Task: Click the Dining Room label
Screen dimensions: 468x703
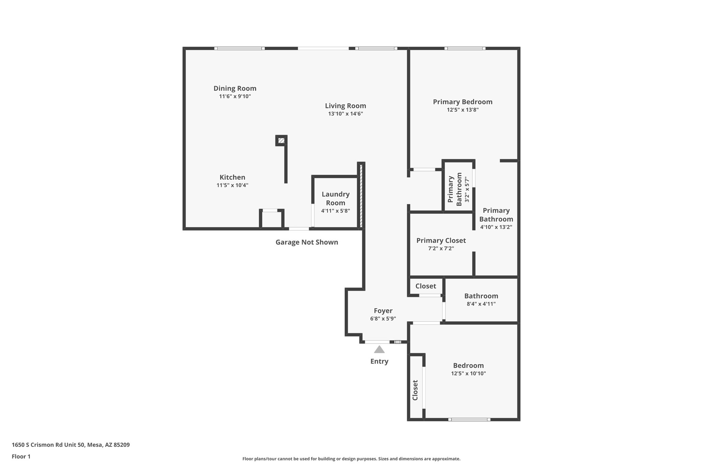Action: coord(235,88)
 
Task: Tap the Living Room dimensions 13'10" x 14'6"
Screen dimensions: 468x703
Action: coord(345,114)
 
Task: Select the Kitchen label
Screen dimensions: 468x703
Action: coord(232,177)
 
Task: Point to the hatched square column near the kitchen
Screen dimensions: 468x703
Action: coord(281,140)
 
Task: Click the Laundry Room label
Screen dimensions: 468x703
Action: coord(335,199)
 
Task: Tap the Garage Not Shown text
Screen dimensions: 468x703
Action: coord(307,242)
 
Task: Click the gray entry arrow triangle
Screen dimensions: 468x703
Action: coord(379,350)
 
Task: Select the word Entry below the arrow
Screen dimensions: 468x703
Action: coord(379,361)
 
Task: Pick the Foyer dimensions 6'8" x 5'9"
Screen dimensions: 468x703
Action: coord(383,319)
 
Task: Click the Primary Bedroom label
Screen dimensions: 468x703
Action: coord(462,102)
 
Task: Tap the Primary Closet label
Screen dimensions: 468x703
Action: coord(441,240)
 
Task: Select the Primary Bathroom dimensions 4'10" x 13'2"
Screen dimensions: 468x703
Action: coord(496,227)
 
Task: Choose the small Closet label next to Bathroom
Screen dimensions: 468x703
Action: coord(425,286)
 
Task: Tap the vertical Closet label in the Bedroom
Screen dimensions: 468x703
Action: coord(415,390)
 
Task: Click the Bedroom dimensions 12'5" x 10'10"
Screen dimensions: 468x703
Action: coord(468,373)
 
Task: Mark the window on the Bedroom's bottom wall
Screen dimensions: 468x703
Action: coord(469,419)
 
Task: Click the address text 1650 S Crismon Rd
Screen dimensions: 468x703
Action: coord(70,445)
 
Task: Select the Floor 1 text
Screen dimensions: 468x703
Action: coord(21,457)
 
